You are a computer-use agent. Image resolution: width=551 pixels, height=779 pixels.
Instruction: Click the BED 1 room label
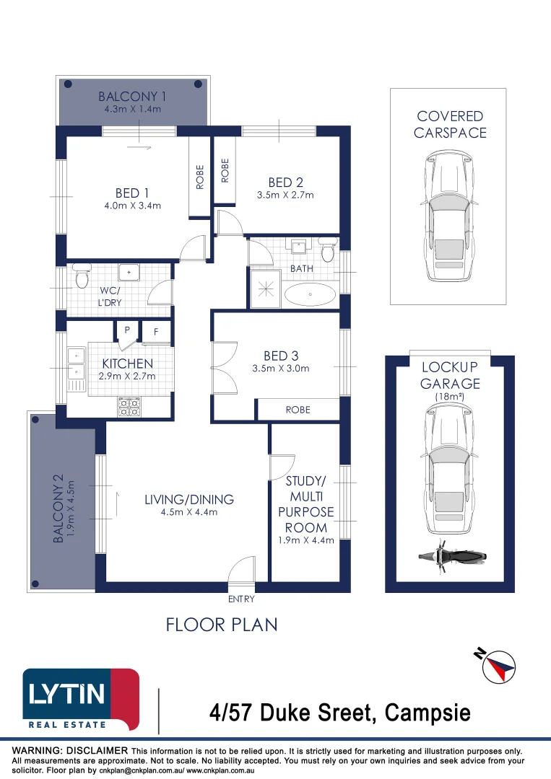tap(132, 193)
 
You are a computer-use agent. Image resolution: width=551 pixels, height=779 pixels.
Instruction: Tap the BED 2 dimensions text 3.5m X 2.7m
tap(285, 195)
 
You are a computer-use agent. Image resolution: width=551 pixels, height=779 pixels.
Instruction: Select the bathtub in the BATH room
tap(310, 294)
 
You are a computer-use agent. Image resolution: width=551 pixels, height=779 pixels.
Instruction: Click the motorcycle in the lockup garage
tap(451, 556)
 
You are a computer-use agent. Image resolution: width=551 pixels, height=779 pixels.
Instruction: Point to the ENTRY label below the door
tap(241, 599)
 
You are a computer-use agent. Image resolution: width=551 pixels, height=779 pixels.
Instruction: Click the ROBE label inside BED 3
tap(298, 410)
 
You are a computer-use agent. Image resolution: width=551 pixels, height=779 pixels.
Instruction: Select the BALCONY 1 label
tap(132, 97)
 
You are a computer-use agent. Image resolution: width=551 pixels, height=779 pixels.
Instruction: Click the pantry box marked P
tap(127, 330)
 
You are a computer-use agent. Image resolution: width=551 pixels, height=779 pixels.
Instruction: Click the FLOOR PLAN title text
tap(222, 624)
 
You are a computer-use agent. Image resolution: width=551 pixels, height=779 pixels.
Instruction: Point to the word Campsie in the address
tap(428, 713)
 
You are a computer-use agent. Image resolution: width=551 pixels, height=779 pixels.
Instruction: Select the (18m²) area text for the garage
tap(450, 397)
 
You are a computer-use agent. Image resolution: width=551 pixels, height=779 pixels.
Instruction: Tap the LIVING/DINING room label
tap(189, 499)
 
